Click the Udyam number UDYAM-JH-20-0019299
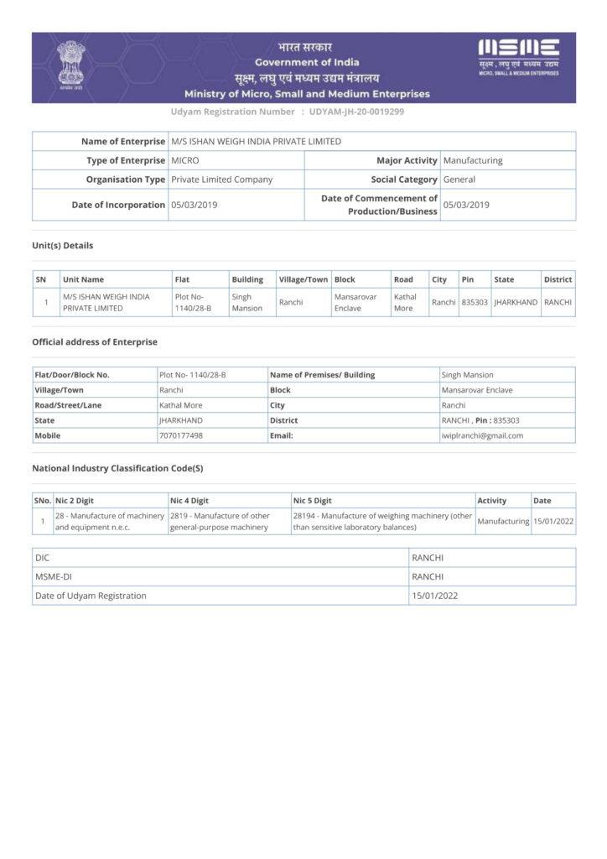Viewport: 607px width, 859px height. click(x=357, y=112)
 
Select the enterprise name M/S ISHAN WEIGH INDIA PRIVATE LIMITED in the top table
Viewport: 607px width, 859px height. click(x=256, y=142)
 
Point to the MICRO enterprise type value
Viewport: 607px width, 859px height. click(x=185, y=160)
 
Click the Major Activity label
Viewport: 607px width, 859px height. click(x=407, y=160)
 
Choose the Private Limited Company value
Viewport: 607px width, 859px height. click(x=222, y=180)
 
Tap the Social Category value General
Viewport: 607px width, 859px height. click(x=459, y=180)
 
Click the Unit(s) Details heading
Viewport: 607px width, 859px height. click(x=63, y=246)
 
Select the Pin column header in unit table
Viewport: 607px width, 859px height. click(x=468, y=279)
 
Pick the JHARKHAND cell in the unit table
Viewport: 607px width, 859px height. click(x=516, y=302)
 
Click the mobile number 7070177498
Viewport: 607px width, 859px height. click(x=181, y=435)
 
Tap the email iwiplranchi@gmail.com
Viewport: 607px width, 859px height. click(x=482, y=435)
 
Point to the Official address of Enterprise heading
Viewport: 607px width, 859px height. click(x=95, y=342)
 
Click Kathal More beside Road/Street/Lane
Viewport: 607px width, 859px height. click(x=181, y=405)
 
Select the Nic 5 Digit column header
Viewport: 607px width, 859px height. click(x=313, y=501)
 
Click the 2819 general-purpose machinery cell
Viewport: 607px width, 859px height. click(x=220, y=522)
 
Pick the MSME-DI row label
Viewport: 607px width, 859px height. click(x=54, y=576)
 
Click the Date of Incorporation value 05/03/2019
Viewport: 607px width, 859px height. click(x=195, y=205)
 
